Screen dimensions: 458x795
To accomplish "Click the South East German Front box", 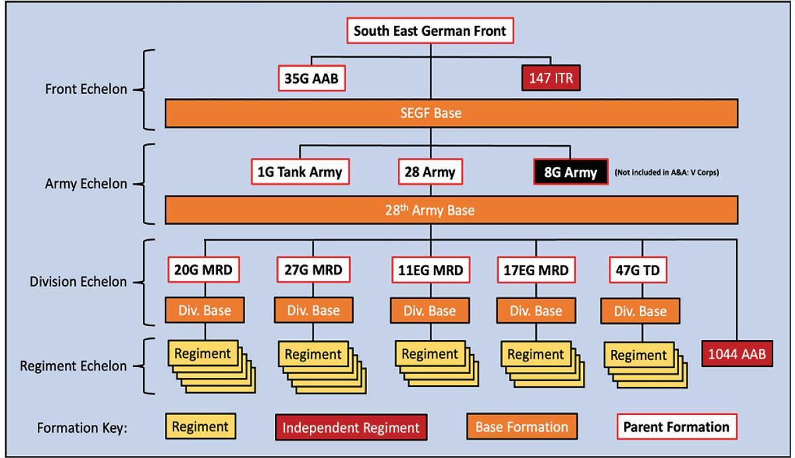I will (431, 31).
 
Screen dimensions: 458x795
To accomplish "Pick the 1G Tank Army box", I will (299, 172).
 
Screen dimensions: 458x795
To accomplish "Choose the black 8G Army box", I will (570, 173).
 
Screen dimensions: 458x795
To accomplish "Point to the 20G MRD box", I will (203, 270).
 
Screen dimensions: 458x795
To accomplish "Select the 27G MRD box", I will (313, 270).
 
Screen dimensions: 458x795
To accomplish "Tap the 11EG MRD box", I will (430, 270).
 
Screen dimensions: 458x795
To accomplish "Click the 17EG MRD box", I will (535, 270).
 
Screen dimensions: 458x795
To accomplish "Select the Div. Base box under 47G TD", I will (641, 311).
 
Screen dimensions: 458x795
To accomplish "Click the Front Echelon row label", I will (85, 89).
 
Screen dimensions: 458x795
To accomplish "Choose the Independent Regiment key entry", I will (351, 428).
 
